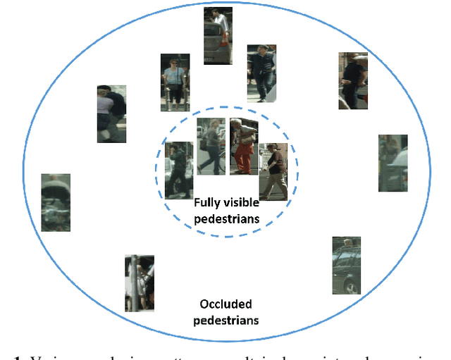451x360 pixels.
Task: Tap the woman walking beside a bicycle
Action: tap(211, 145)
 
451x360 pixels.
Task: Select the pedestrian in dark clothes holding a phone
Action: tap(178, 169)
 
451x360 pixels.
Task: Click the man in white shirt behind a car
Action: tap(218, 36)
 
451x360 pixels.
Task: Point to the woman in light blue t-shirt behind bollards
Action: tap(174, 82)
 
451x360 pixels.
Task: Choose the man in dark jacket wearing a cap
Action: tap(261, 73)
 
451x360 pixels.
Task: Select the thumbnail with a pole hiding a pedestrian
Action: tap(139, 283)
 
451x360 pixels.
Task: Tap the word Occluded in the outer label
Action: tap(225, 305)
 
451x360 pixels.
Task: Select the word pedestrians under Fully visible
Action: tap(227, 219)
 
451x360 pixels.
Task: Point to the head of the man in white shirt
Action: tap(219, 15)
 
